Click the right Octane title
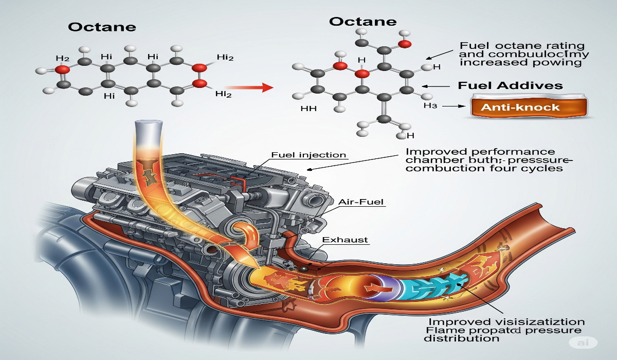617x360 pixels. point(362,22)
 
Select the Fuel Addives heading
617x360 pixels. point(510,85)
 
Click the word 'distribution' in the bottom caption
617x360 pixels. point(461,338)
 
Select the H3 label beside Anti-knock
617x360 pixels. point(430,106)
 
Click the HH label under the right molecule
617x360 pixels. point(308,109)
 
